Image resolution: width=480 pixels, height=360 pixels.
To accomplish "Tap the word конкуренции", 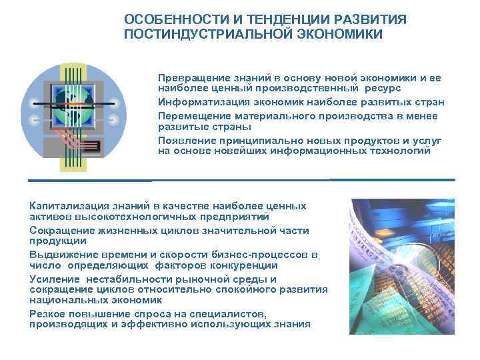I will pos(227,265).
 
